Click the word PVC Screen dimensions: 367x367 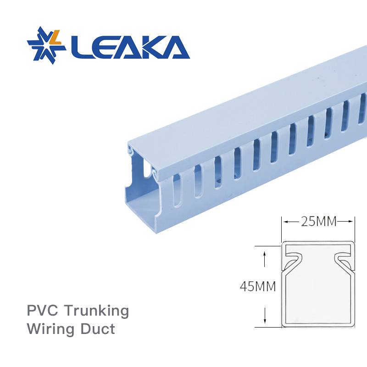pos(43,311)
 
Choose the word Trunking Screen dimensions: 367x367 pos(96,311)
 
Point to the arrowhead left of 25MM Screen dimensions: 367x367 pos(286,222)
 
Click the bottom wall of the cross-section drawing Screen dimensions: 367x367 pos(318,325)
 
